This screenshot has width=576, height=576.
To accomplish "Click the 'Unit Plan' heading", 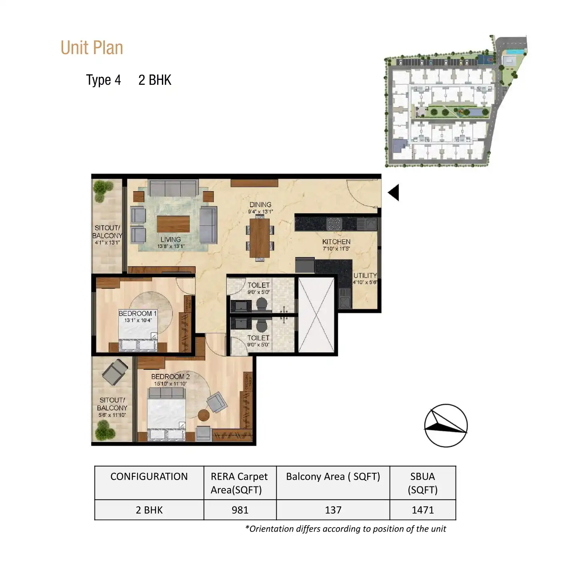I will (x=92, y=48).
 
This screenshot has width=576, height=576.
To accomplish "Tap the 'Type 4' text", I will (x=103, y=80).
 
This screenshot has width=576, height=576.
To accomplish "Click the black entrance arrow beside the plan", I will (x=394, y=192).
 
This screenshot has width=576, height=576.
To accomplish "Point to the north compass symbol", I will (x=446, y=425).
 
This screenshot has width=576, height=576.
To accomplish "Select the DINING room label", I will (x=260, y=205).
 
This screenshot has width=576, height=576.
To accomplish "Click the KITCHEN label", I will (x=336, y=242).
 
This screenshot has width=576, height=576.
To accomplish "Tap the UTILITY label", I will (x=365, y=276).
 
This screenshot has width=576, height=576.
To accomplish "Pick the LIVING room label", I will (x=171, y=239).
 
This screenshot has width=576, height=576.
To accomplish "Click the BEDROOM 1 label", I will (x=138, y=314).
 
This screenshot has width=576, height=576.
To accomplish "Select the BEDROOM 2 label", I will (x=170, y=376).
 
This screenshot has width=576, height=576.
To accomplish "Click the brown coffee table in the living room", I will (x=173, y=224).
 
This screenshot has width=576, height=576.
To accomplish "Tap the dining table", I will (x=260, y=238).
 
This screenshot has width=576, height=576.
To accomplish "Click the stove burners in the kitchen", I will (x=334, y=224).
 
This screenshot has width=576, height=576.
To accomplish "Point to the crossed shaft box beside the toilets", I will (x=316, y=315).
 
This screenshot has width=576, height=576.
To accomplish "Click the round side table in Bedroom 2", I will (x=204, y=415).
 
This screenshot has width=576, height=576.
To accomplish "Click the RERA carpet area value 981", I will (x=240, y=510).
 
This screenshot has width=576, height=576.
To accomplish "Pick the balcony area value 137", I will (x=333, y=510).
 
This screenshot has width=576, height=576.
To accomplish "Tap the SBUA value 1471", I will (x=423, y=510).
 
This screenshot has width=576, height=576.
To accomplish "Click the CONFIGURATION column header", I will (x=149, y=476).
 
